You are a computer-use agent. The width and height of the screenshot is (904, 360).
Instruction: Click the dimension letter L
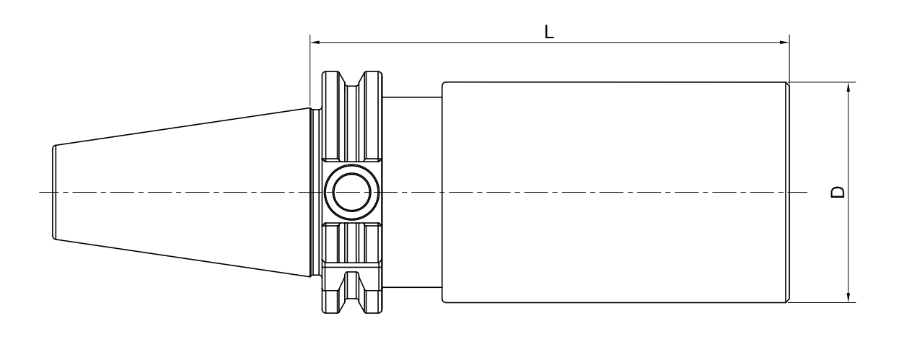(549, 32)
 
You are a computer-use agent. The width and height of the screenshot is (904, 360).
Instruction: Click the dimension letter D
(838, 192)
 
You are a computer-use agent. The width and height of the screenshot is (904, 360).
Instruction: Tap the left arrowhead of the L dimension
(315, 42)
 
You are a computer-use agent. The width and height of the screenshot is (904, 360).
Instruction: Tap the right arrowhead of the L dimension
(784, 42)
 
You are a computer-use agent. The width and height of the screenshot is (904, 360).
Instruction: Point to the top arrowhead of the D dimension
(848, 87)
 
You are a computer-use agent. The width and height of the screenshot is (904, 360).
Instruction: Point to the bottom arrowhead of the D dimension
(848, 297)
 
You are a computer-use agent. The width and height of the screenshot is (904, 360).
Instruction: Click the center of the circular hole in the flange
(351, 192)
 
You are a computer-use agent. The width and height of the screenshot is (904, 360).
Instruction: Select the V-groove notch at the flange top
(352, 79)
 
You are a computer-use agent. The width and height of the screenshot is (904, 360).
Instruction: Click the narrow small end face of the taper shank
(53, 192)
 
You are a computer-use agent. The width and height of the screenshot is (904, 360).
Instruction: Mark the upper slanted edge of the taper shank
(183, 126)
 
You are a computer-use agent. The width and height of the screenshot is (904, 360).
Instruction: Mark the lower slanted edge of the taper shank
(183, 258)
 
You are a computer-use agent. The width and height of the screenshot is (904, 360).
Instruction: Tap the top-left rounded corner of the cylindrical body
(443, 84)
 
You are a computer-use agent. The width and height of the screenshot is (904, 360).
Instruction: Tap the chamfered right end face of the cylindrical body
(788, 192)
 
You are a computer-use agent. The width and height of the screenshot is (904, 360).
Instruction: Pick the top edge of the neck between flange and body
(412, 97)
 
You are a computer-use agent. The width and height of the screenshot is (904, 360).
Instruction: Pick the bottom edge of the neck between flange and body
(412, 288)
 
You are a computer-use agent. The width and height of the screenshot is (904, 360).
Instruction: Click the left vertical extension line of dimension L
(310, 71)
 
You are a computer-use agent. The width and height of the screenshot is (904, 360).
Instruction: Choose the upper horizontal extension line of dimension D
(822, 82)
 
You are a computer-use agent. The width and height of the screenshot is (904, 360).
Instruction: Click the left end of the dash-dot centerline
(40, 192)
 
